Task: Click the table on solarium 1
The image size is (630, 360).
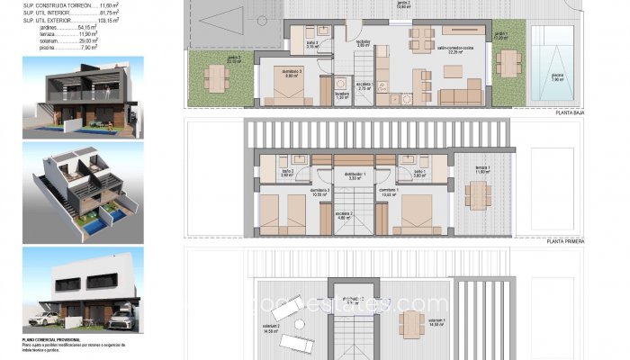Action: (x=414, y=322)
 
